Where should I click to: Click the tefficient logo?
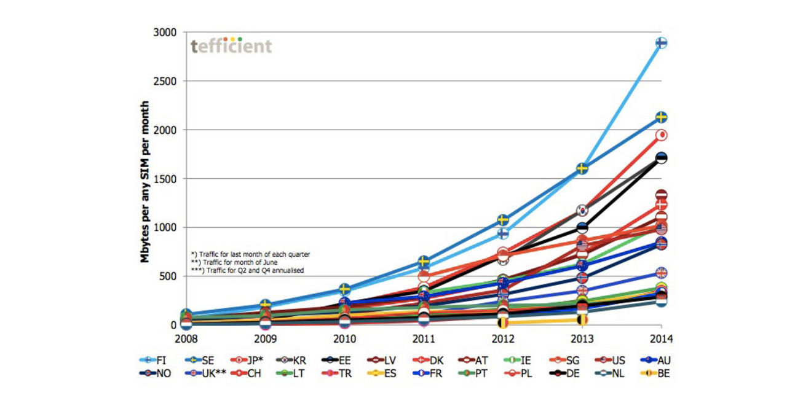(231, 46)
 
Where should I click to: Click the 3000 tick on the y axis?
(164, 33)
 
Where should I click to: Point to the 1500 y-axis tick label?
(164, 179)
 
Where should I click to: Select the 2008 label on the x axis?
(186, 338)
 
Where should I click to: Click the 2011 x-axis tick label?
(424, 338)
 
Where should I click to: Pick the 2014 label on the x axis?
(662, 338)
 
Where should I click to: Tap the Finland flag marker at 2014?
(662, 42)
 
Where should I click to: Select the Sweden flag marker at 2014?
(662, 117)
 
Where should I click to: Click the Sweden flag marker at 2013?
(582, 168)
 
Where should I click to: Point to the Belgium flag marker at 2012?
(503, 322)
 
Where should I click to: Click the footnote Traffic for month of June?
(233, 262)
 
